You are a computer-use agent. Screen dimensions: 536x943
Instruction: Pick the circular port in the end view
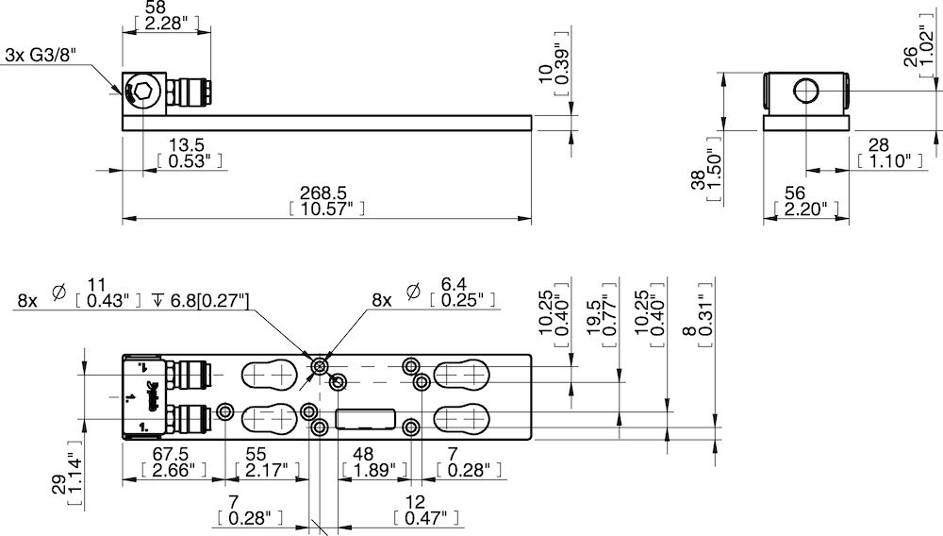806,92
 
